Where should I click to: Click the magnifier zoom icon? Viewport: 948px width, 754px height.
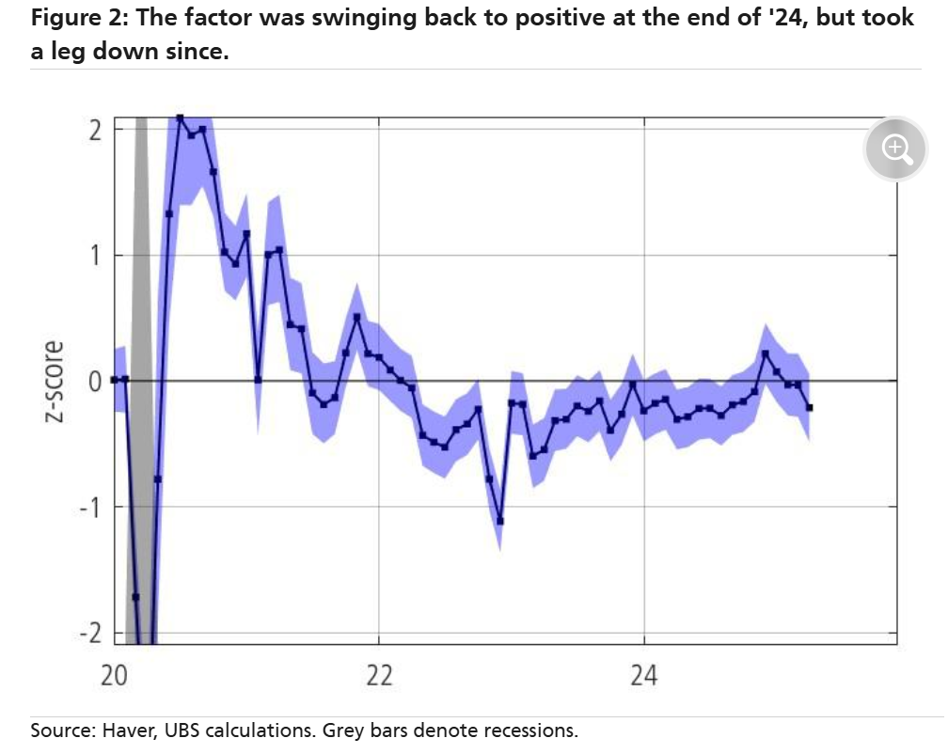click(x=896, y=149)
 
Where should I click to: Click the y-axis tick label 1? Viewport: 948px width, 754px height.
click(x=94, y=255)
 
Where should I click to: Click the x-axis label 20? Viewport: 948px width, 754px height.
click(x=114, y=677)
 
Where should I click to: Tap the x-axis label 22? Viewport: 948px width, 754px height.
click(x=379, y=677)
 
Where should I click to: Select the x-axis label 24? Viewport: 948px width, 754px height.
click(x=644, y=677)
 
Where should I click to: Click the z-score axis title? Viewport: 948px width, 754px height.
click(x=55, y=381)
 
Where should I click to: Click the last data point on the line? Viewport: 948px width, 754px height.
click(x=810, y=407)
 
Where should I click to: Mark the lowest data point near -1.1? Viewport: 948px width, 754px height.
click(x=500, y=521)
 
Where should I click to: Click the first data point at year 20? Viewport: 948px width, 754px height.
click(x=114, y=380)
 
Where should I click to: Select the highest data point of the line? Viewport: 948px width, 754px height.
click(x=181, y=118)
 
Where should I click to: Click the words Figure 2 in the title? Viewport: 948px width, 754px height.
click(x=71, y=18)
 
